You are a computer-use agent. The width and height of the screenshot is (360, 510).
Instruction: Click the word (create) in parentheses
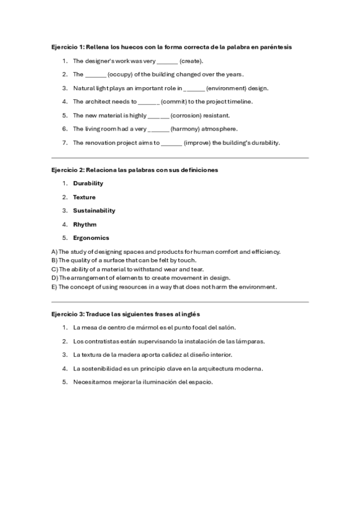pos(191,61)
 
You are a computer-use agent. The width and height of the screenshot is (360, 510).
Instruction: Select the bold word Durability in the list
pos(88,183)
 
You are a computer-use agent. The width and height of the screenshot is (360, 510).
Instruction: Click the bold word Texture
pos(84,197)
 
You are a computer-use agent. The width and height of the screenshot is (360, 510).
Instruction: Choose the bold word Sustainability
pos(94,210)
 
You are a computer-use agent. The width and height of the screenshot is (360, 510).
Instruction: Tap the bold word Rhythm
pos(85,224)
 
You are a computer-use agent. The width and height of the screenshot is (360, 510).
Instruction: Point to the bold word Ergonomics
pos(91,238)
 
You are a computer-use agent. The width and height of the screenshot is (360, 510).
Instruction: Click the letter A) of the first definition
pos(54,251)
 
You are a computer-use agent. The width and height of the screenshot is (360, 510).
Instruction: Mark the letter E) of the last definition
pos(53,287)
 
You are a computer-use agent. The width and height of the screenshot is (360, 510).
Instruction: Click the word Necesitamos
pos(92,382)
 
